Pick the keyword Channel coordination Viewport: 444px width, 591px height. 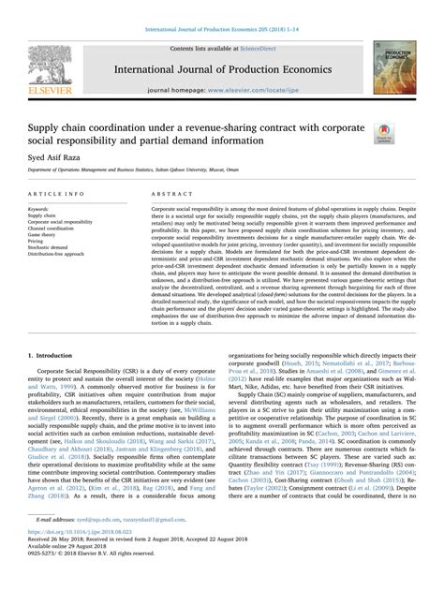[56, 228]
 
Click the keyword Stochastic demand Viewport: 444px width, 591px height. [52, 247]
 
